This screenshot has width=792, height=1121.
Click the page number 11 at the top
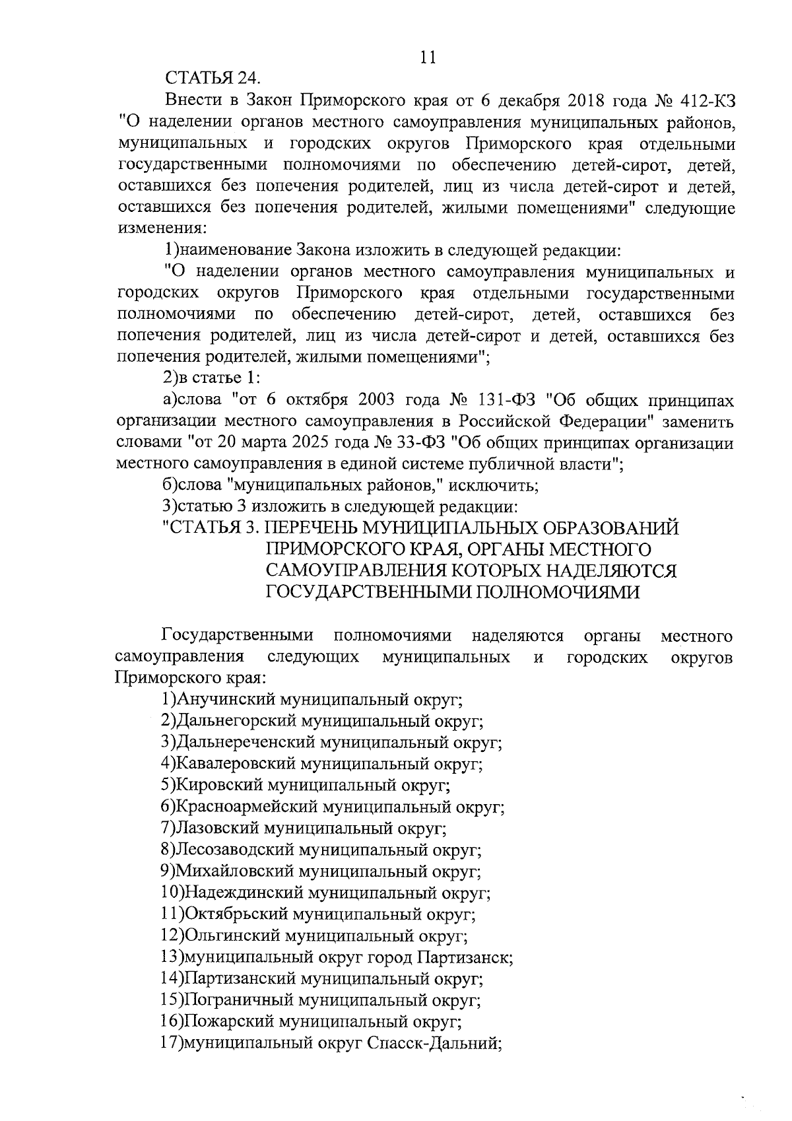[428, 57]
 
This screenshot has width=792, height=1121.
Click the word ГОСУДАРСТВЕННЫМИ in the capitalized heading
[366, 592]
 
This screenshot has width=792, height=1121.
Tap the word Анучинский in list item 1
[226, 700]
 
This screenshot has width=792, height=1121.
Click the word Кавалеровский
[236, 764]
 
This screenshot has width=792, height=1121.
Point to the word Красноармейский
[244, 807]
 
